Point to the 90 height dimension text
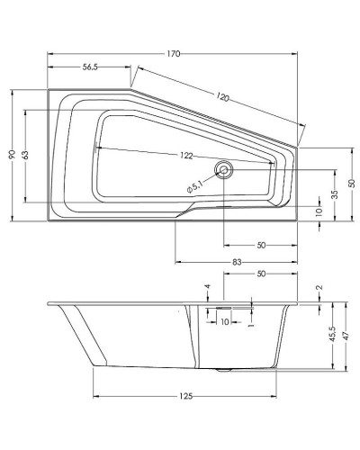13,155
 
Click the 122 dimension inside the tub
186,155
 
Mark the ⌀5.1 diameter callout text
199,187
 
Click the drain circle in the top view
223,168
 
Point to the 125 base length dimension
186,396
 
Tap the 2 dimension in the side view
319,288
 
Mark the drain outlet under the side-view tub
225,370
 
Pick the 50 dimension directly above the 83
261,244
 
